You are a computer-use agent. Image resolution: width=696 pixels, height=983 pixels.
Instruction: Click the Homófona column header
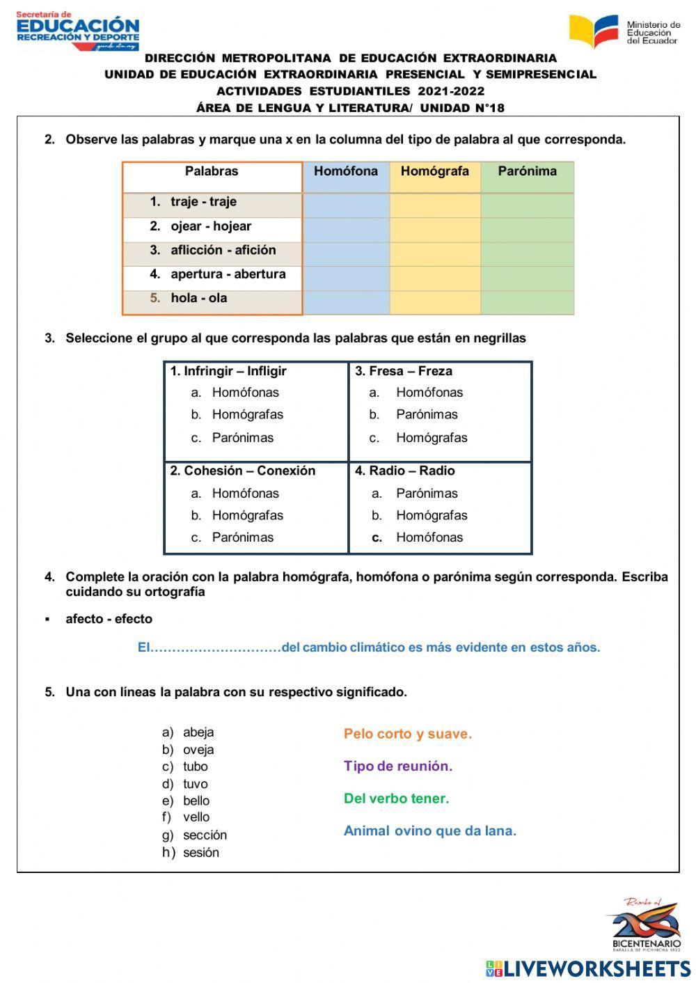tap(346, 171)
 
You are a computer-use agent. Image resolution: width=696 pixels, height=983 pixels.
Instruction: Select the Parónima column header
tap(527, 171)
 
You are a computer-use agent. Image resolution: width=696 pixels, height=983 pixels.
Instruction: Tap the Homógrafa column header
tap(434, 171)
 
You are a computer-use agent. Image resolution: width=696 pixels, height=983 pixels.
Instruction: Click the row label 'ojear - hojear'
tap(211, 226)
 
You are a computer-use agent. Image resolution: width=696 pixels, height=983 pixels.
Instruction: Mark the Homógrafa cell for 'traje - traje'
tap(434, 205)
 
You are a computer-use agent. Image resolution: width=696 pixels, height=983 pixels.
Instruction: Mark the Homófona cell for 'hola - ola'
tap(346, 302)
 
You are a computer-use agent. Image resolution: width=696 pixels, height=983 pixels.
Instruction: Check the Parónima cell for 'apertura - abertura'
tap(527, 278)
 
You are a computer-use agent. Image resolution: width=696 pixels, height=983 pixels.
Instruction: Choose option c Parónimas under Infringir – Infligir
tap(242, 438)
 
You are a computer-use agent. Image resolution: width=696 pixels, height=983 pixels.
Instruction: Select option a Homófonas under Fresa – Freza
tap(429, 393)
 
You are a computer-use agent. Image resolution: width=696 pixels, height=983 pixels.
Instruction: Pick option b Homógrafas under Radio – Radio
tap(432, 516)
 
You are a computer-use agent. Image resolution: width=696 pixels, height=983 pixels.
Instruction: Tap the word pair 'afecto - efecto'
tap(109, 619)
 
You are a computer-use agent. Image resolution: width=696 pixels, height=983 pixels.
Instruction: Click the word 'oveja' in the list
tap(198, 750)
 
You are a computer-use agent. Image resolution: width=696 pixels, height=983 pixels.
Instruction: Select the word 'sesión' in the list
tap(200, 853)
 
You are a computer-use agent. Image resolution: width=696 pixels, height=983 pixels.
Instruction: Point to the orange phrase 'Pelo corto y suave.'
tap(407, 734)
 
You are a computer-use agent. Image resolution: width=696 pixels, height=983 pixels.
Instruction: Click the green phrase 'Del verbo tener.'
tap(396, 799)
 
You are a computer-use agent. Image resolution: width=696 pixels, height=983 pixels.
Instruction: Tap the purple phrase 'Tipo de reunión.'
tap(397, 766)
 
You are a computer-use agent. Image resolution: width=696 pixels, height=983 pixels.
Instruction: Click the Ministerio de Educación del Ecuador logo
tap(624, 31)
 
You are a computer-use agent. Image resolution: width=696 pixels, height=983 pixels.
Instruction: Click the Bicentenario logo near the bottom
tap(646, 925)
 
